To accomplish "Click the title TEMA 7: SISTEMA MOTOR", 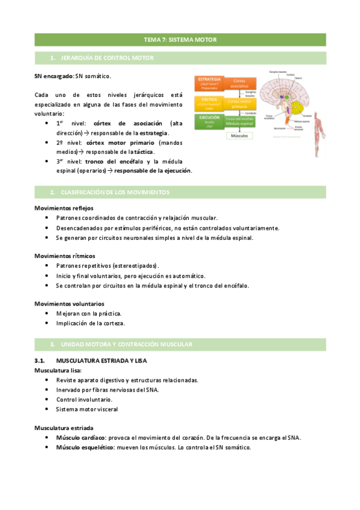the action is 180,40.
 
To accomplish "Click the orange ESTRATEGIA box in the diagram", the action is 209,82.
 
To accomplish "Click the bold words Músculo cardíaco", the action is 81,438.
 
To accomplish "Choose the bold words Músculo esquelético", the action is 84,447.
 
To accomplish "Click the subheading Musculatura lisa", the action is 58,370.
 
